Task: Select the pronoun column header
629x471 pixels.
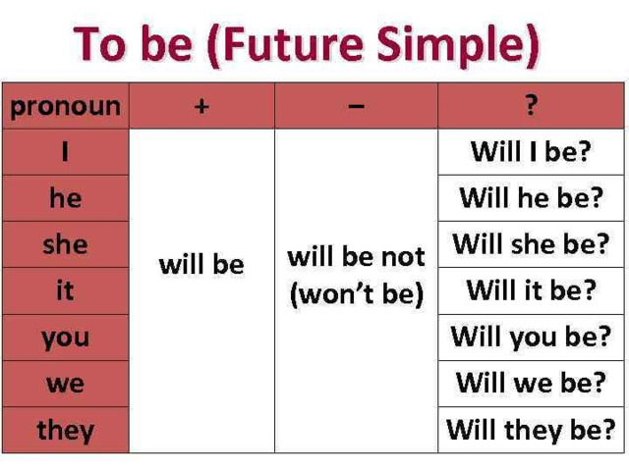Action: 66,107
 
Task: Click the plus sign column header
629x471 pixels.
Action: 201,107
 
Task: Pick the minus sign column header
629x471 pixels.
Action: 356,106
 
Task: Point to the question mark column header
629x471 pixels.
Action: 531,105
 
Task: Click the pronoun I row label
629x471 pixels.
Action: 66,152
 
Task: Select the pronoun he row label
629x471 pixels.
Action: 66,198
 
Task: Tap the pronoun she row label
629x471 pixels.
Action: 66,244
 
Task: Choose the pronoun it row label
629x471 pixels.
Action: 66,290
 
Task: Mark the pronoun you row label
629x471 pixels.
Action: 66,339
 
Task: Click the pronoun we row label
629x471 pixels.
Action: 66,384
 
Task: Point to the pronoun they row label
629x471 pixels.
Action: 66,431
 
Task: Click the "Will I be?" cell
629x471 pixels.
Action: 531,152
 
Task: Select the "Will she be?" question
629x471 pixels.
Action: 531,244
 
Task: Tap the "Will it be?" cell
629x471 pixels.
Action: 531,290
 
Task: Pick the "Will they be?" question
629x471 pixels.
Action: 531,430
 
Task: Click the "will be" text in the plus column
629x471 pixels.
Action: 201,265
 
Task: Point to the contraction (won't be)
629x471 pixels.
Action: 357,294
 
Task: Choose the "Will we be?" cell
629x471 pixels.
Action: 531,383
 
